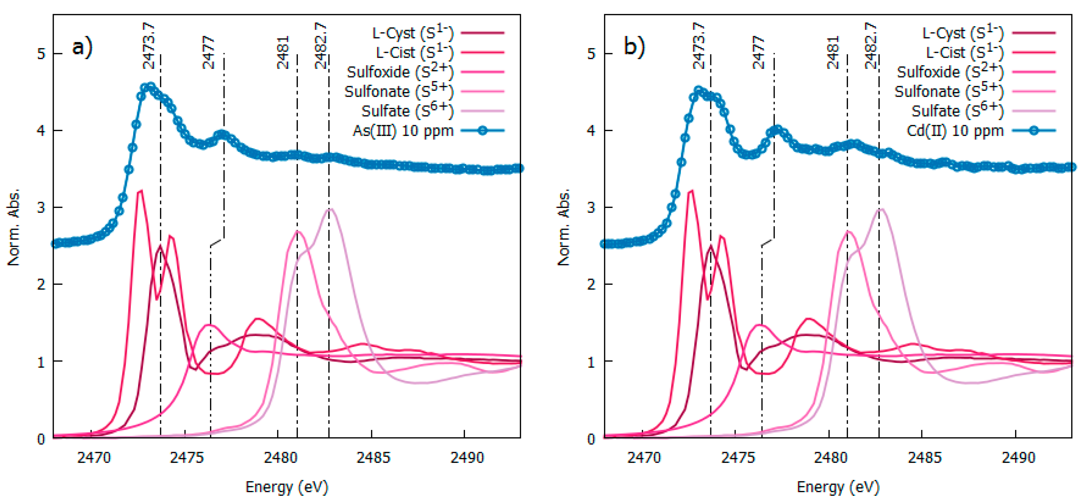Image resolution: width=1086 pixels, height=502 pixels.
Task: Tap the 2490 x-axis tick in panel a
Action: click(467, 457)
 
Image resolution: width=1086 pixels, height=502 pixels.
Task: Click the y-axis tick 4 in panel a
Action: click(41, 131)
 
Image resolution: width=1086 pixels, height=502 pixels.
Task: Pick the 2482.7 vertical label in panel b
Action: click(871, 46)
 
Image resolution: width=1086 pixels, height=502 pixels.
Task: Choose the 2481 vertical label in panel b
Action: click(833, 52)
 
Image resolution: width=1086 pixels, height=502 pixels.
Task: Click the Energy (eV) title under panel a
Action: click(287, 487)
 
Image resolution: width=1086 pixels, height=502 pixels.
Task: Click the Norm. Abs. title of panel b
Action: click(564, 228)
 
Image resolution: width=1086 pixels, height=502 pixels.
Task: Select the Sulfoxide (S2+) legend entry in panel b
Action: click(949, 72)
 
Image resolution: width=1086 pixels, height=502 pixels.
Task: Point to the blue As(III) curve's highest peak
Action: click(150, 85)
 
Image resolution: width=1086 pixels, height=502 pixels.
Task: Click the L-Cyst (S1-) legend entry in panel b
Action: click(962, 33)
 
